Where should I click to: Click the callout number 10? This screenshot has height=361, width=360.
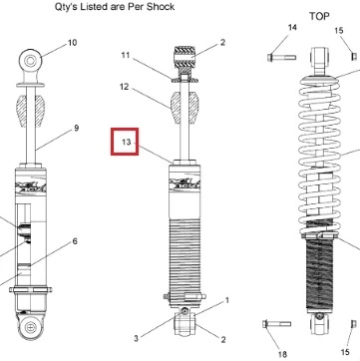[x=72, y=43]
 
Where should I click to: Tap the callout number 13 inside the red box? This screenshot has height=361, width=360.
[x=127, y=142]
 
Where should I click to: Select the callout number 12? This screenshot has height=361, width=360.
[x=124, y=87]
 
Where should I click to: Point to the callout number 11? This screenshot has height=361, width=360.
[x=126, y=55]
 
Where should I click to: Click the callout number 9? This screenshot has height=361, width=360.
[x=76, y=128]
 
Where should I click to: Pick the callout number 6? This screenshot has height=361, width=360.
[x=75, y=241]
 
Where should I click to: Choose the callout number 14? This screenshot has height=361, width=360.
[x=292, y=27]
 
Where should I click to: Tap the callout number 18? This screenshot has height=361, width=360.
[x=283, y=354]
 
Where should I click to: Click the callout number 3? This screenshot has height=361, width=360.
[x=136, y=339]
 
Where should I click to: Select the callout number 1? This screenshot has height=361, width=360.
[x=227, y=301]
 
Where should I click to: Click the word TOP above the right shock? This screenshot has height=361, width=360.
[x=319, y=16]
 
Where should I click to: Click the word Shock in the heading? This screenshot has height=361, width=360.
[x=161, y=7]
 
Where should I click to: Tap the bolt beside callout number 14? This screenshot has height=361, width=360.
[x=281, y=58]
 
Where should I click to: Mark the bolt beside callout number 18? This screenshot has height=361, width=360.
[x=276, y=324]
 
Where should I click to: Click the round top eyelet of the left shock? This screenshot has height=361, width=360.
[x=30, y=61]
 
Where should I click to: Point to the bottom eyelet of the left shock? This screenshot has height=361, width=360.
[x=30, y=327]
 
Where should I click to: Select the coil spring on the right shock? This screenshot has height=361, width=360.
[x=320, y=157]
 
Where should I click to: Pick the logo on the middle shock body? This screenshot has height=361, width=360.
[x=184, y=184]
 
